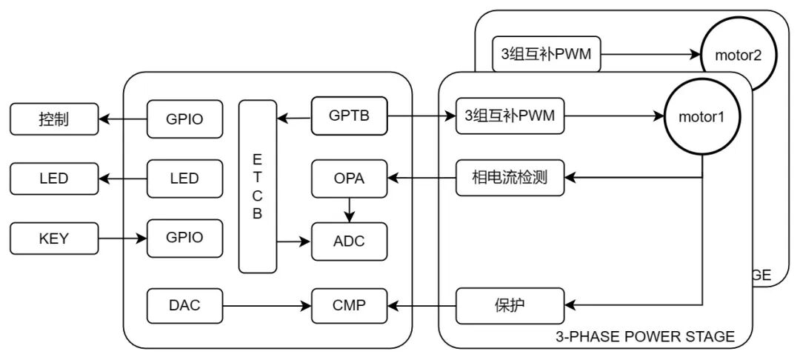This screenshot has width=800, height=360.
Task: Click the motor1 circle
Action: coord(702,116)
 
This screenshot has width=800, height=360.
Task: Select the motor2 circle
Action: coord(734,54)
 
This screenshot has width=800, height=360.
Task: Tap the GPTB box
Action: coord(349,116)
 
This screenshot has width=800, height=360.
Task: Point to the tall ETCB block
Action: coord(257,187)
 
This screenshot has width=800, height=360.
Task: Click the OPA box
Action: coord(349,178)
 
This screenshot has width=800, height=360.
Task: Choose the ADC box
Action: coord(349,241)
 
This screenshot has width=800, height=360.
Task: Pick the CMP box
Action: coord(349,305)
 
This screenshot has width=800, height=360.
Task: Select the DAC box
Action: coord(184,305)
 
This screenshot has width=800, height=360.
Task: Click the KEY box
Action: coord(53,239)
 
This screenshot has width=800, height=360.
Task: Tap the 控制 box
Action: coord(53,119)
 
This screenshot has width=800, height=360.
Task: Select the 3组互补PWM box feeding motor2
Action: coord(546,54)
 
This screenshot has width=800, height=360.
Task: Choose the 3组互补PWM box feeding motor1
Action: coord(510,116)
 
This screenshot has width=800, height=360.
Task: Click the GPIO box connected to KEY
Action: coord(184,239)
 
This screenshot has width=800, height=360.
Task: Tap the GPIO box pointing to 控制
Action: coord(184,119)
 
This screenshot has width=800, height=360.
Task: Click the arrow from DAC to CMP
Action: coord(267,305)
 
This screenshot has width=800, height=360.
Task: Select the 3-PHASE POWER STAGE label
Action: coord(644,337)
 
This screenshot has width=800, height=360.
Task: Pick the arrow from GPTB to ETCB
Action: coord(293,116)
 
